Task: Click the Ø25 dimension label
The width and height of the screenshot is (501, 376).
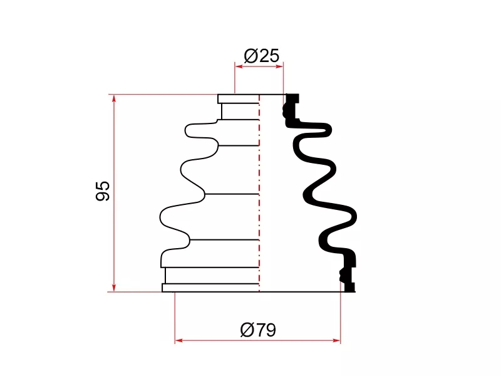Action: [x=261, y=56]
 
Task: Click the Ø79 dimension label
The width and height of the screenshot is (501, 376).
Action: [x=258, y=330]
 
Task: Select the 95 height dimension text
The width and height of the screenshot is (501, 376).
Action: [x=103, y=191]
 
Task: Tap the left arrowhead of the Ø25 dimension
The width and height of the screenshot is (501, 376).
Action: [x=239, y=66]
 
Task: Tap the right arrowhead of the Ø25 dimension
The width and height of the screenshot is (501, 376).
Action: [x=279, y=66]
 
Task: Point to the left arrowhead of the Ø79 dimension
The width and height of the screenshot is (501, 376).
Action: [x=179, y=340]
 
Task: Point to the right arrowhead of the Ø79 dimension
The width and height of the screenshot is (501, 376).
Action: [x=336, y=340]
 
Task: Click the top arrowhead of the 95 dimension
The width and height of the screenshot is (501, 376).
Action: [x=114, y=98]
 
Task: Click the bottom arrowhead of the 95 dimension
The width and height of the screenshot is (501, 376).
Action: [x=114, y=288]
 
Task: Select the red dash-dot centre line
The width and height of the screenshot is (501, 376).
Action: [x=259, y=193]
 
